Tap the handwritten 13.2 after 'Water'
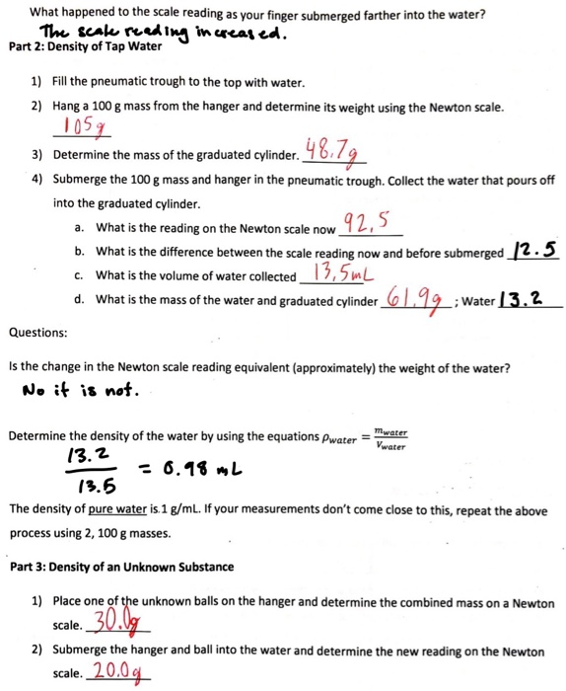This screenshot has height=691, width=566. pos(523,298)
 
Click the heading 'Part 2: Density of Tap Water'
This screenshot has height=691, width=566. pos(84,45)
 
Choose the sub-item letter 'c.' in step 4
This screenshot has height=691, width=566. pos(78,275)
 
